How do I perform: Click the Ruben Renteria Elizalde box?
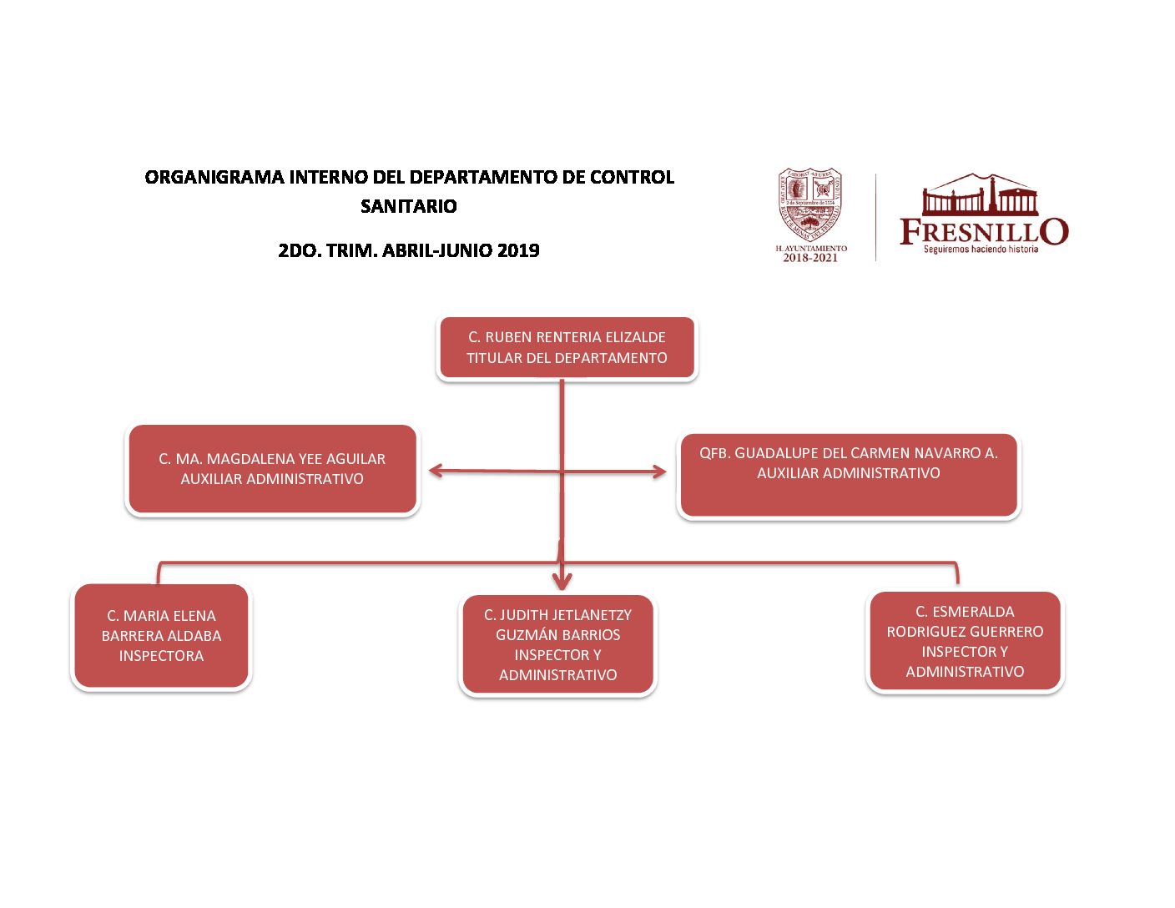pyautogui.click(x=567, y=348)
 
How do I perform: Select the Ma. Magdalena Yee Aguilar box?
pyautogui.click(x=272, y=469)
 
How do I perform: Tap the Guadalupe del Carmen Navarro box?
pyautogui.click(x=849, y=476)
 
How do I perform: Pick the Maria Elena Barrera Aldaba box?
pyautogui.click(x=161, y=636)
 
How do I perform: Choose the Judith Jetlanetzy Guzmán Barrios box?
pyautogui.click(x=557, y=644)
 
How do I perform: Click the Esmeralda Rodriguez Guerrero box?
pyautogui.click(x=965, y=641)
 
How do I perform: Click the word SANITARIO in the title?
pyautogui.click(x=409, y=206)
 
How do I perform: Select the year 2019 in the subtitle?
pyautogui.click(x=518, y=250)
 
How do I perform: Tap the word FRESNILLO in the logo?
pyautogui.click(x=983, y=230)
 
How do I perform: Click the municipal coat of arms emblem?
pyautogui.click(x=809, y=204)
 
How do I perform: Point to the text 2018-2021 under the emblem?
pyautogui.click(x=809, y=258)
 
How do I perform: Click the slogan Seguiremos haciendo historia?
pyautogui.click(x=981, y=249)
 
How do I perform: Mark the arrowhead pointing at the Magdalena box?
pyautogui.click(x=435, y=472)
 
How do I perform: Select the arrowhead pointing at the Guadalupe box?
pyautogui.click(x=660, y=472)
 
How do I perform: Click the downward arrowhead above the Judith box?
pyautogui.click(x=562, y=581)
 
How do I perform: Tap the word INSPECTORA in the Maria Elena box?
pyautogui.click(x=161, y=656)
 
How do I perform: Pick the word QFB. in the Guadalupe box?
pyautogui.click(x=714, y=453)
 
